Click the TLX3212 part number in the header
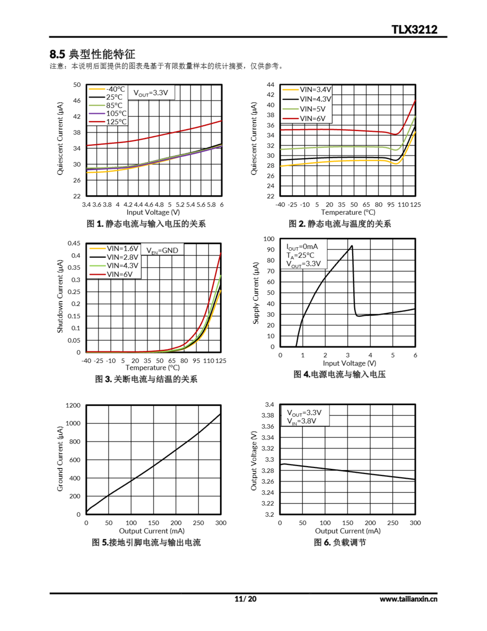tap(414, 30)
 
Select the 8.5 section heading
tap(92, 54)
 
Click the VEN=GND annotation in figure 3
tap(162, 250)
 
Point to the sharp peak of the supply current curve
tap(352, 246)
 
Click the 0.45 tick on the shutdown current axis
tap(74, 243)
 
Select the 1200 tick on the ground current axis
tap(73, 405)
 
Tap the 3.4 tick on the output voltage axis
tap(269, 404)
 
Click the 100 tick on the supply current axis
tap(269, 239)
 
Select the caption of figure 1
tap(146, 224)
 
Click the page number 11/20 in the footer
tap(245, 599)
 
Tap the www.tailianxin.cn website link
tap(408, 599)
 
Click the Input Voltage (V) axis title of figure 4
tap(349, 363)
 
